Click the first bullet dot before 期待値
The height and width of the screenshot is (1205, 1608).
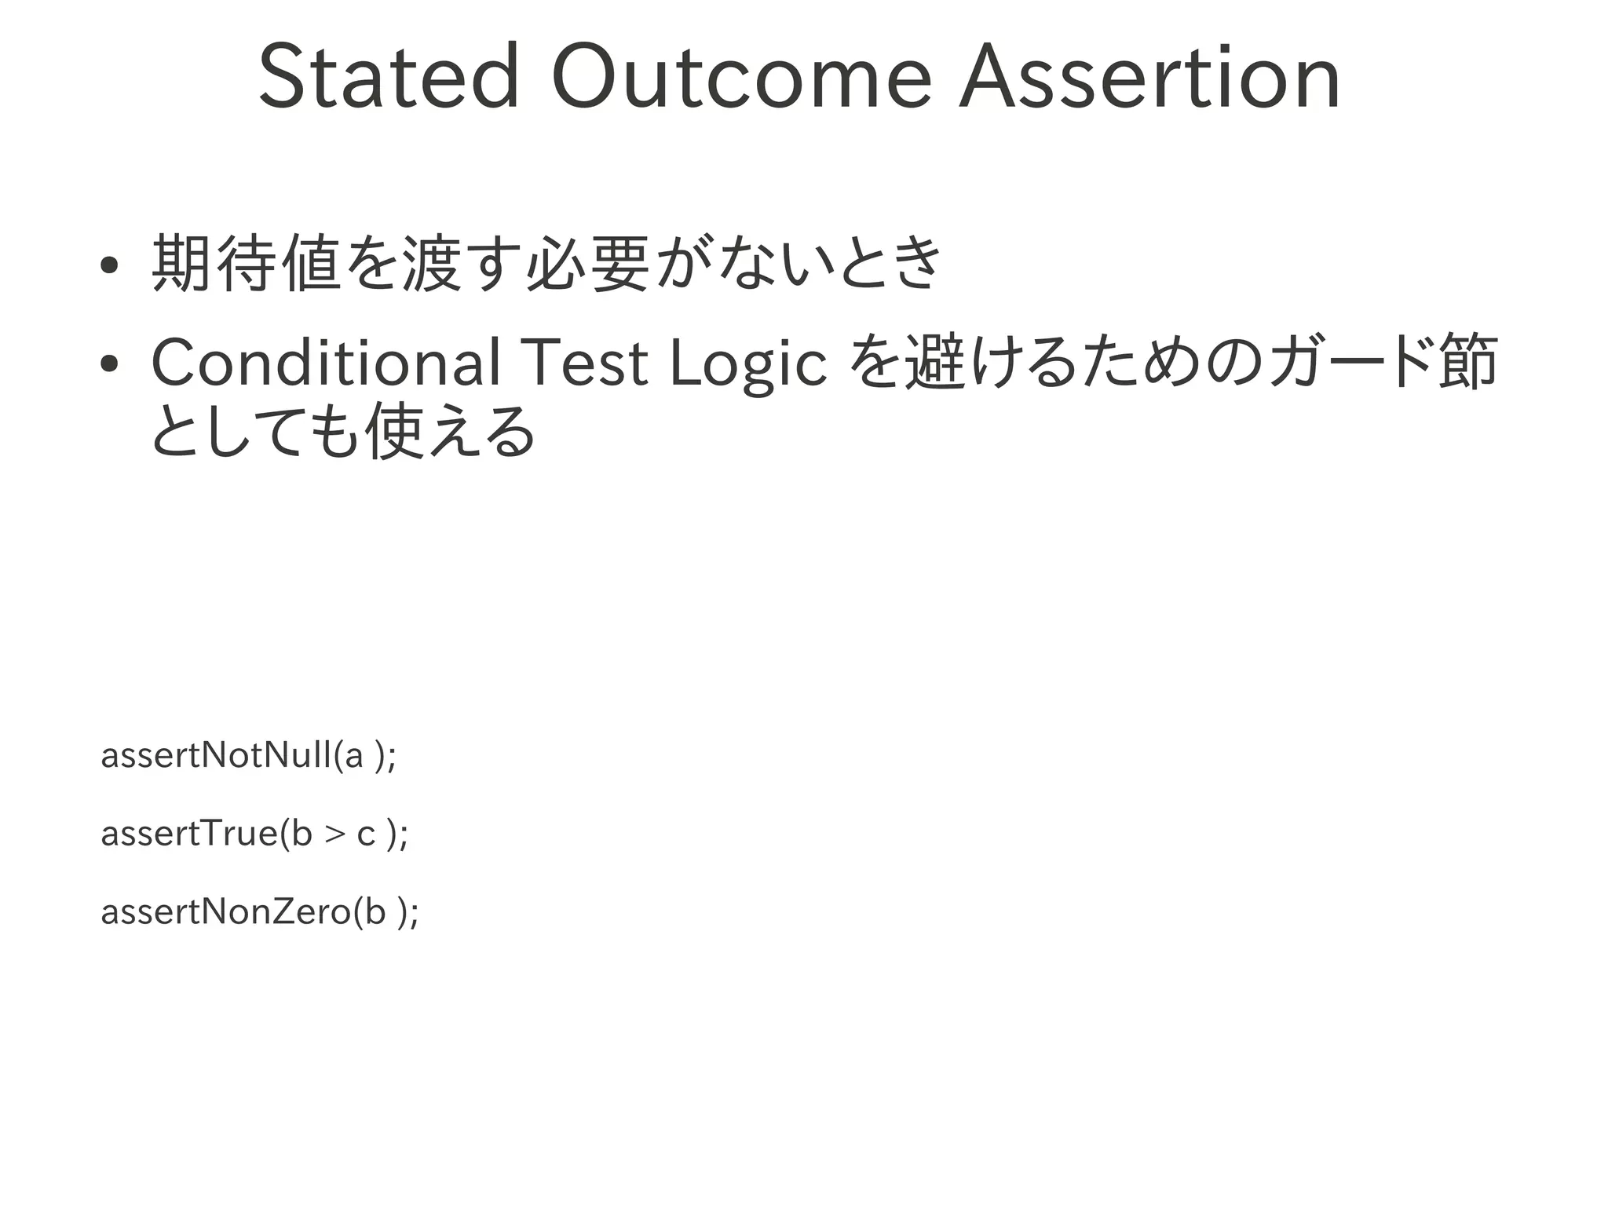[109, 265]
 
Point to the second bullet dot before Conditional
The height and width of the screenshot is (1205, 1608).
[109, 364]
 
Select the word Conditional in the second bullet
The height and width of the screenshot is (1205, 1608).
[326, 363]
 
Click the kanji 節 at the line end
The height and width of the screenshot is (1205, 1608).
[1468, 363]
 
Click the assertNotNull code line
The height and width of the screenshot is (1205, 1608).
[249, 756]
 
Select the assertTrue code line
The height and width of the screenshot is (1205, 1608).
[254, 834]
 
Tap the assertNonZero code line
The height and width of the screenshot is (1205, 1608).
[260, 911]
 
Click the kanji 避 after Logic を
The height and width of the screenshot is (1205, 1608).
[934, 363]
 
